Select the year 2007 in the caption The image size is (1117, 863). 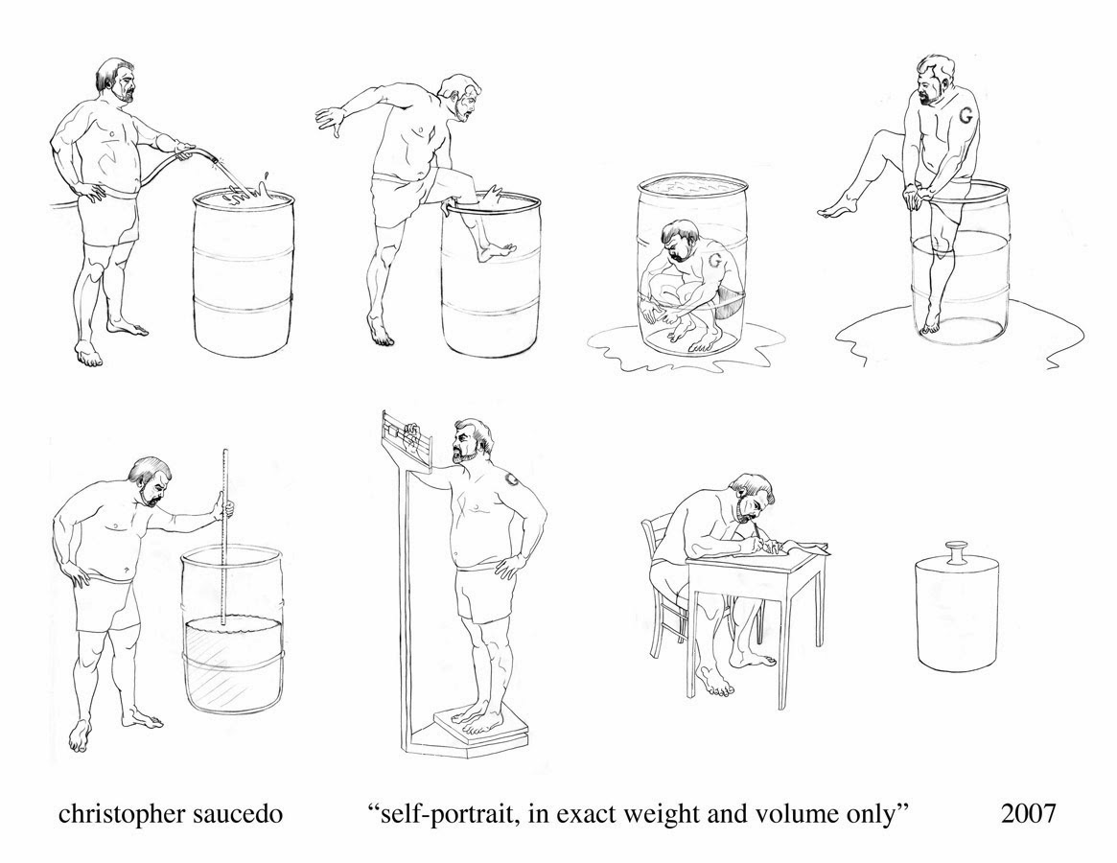click(x=1028, y=812)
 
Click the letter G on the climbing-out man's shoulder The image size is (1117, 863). click(x=966, y=114)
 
